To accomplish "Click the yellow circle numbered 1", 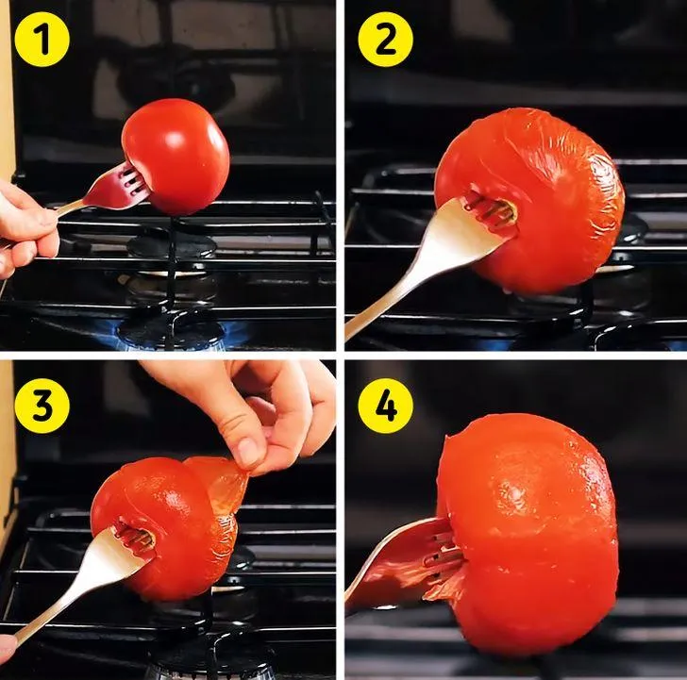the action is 42,40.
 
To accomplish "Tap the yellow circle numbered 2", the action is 386,40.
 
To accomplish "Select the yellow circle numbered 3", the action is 42,406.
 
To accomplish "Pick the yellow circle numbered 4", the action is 386,406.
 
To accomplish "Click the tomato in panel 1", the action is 176,157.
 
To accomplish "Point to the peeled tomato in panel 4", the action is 526,534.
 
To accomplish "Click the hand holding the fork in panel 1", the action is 26,227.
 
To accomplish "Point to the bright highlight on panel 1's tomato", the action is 175,141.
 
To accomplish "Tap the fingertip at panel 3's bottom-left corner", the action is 8,649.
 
